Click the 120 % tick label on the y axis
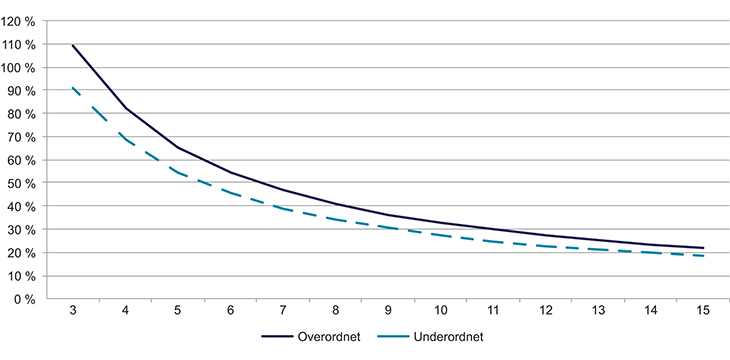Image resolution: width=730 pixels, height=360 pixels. click(x=21, y=21)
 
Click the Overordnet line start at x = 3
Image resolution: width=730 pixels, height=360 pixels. click(x=73, y=45)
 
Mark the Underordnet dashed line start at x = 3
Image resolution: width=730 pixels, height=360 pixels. click(x=73, y=88)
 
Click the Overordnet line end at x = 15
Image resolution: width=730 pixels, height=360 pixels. click(x=703, y=248)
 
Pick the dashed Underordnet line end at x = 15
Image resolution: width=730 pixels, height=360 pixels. click(x=703, y=256)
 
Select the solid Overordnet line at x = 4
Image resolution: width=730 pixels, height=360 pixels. click(x=126, y=108)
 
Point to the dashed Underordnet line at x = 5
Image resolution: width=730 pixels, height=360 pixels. click(x=178, y=173)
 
